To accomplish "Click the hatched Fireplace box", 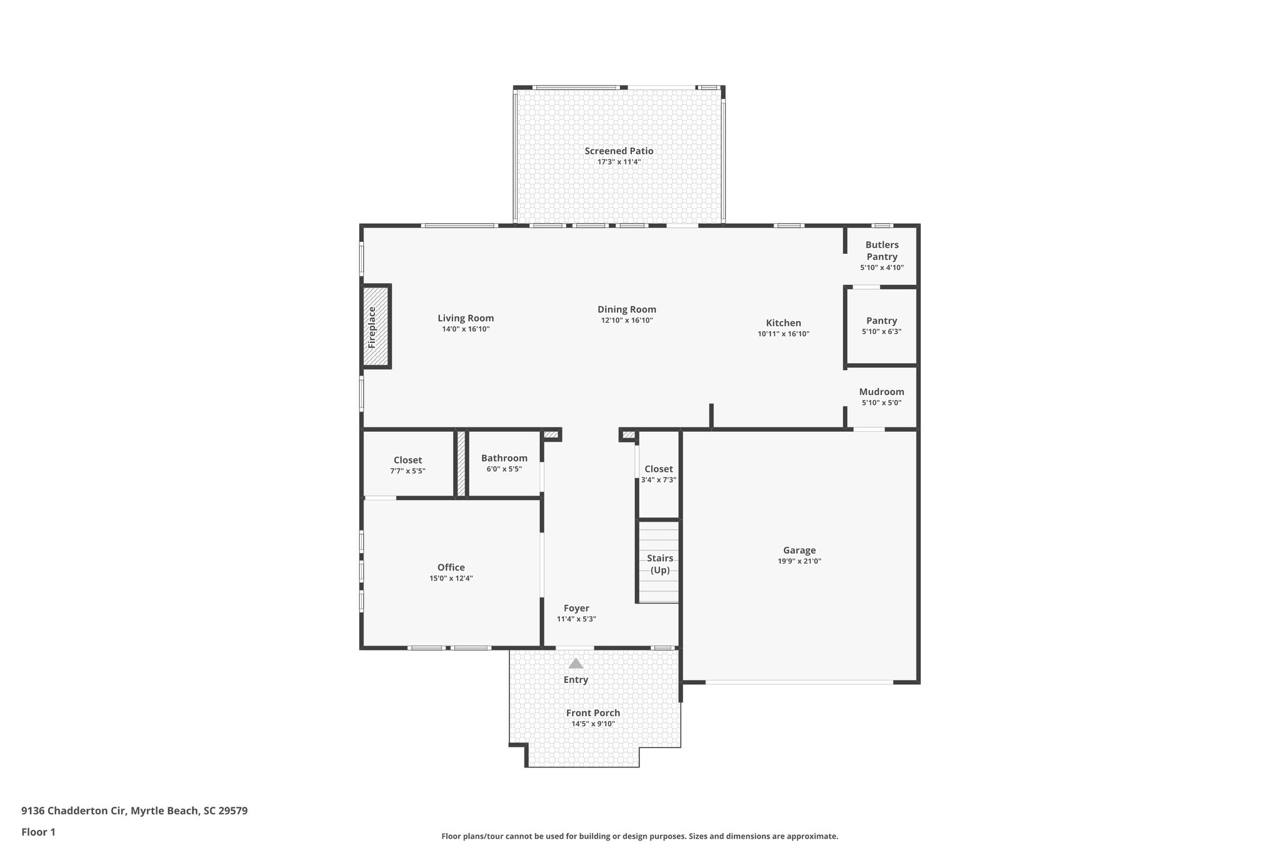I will [376, 326].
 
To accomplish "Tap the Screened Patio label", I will [619, 151].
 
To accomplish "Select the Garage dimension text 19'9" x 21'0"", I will [799, 561].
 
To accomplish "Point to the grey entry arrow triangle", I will [576, 663].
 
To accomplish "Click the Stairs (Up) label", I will [660, 564].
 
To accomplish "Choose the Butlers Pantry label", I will [882, 251].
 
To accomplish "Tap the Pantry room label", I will [881, 321].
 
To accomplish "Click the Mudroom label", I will [881, 392].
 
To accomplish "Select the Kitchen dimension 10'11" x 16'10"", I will [783, 334].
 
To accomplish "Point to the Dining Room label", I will [626, 309].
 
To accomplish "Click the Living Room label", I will [466, 318].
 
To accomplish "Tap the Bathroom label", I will [504, 458].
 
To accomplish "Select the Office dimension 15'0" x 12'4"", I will [451, 578].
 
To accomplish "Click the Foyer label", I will [576, 608].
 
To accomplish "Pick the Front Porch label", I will [593, 713].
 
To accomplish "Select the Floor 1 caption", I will [38, 832].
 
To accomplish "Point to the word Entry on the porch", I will [576, 680].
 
